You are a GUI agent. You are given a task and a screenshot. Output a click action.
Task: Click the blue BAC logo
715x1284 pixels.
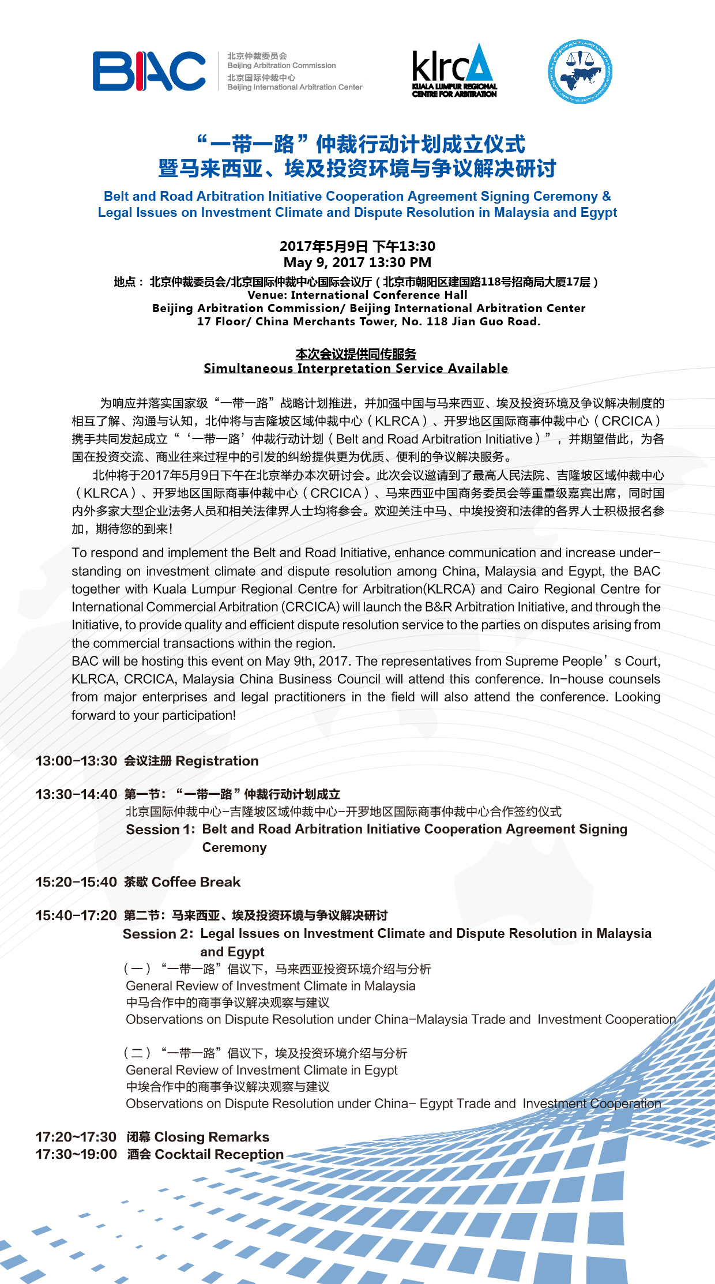click(x=149, y=72)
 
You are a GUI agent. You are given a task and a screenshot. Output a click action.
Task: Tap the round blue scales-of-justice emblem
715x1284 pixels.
click(x=579, y=72)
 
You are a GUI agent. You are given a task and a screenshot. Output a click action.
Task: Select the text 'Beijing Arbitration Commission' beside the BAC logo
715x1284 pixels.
click(x=281, y=66)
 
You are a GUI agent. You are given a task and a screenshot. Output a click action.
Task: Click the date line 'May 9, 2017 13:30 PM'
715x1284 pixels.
click(x=357, y=262)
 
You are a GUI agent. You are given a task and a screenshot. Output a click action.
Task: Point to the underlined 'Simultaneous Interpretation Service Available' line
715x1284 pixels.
click(x=356, y=369)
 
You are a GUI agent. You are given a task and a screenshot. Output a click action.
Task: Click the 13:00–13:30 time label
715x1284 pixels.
click(x=76, y=761)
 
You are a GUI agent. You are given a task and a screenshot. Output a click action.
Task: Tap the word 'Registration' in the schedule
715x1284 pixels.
click(x=217, y=761)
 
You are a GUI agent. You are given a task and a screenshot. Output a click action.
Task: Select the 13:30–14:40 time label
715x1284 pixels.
click(x=76, y=794)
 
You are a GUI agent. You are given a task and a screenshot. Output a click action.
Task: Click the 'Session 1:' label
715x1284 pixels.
click(x=161, y=829)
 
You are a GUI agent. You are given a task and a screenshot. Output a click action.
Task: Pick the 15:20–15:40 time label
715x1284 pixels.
click(x=76, y=882)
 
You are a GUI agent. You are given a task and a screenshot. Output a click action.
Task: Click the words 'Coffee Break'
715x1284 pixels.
click(x=196, y=882)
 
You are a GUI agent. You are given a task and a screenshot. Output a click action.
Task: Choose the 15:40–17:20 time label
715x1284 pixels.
click(x=76, y=915)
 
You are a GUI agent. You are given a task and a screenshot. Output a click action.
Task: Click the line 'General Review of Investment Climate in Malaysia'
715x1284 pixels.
click(x=270, y=986)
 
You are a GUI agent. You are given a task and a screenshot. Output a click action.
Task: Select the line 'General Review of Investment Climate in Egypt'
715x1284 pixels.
click(x=262, y=1070)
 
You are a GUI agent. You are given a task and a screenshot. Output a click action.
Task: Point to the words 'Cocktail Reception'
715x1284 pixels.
click(x=219, y=1154)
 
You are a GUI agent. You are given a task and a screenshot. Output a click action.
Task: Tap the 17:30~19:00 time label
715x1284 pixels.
click(x=76, y=1154)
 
